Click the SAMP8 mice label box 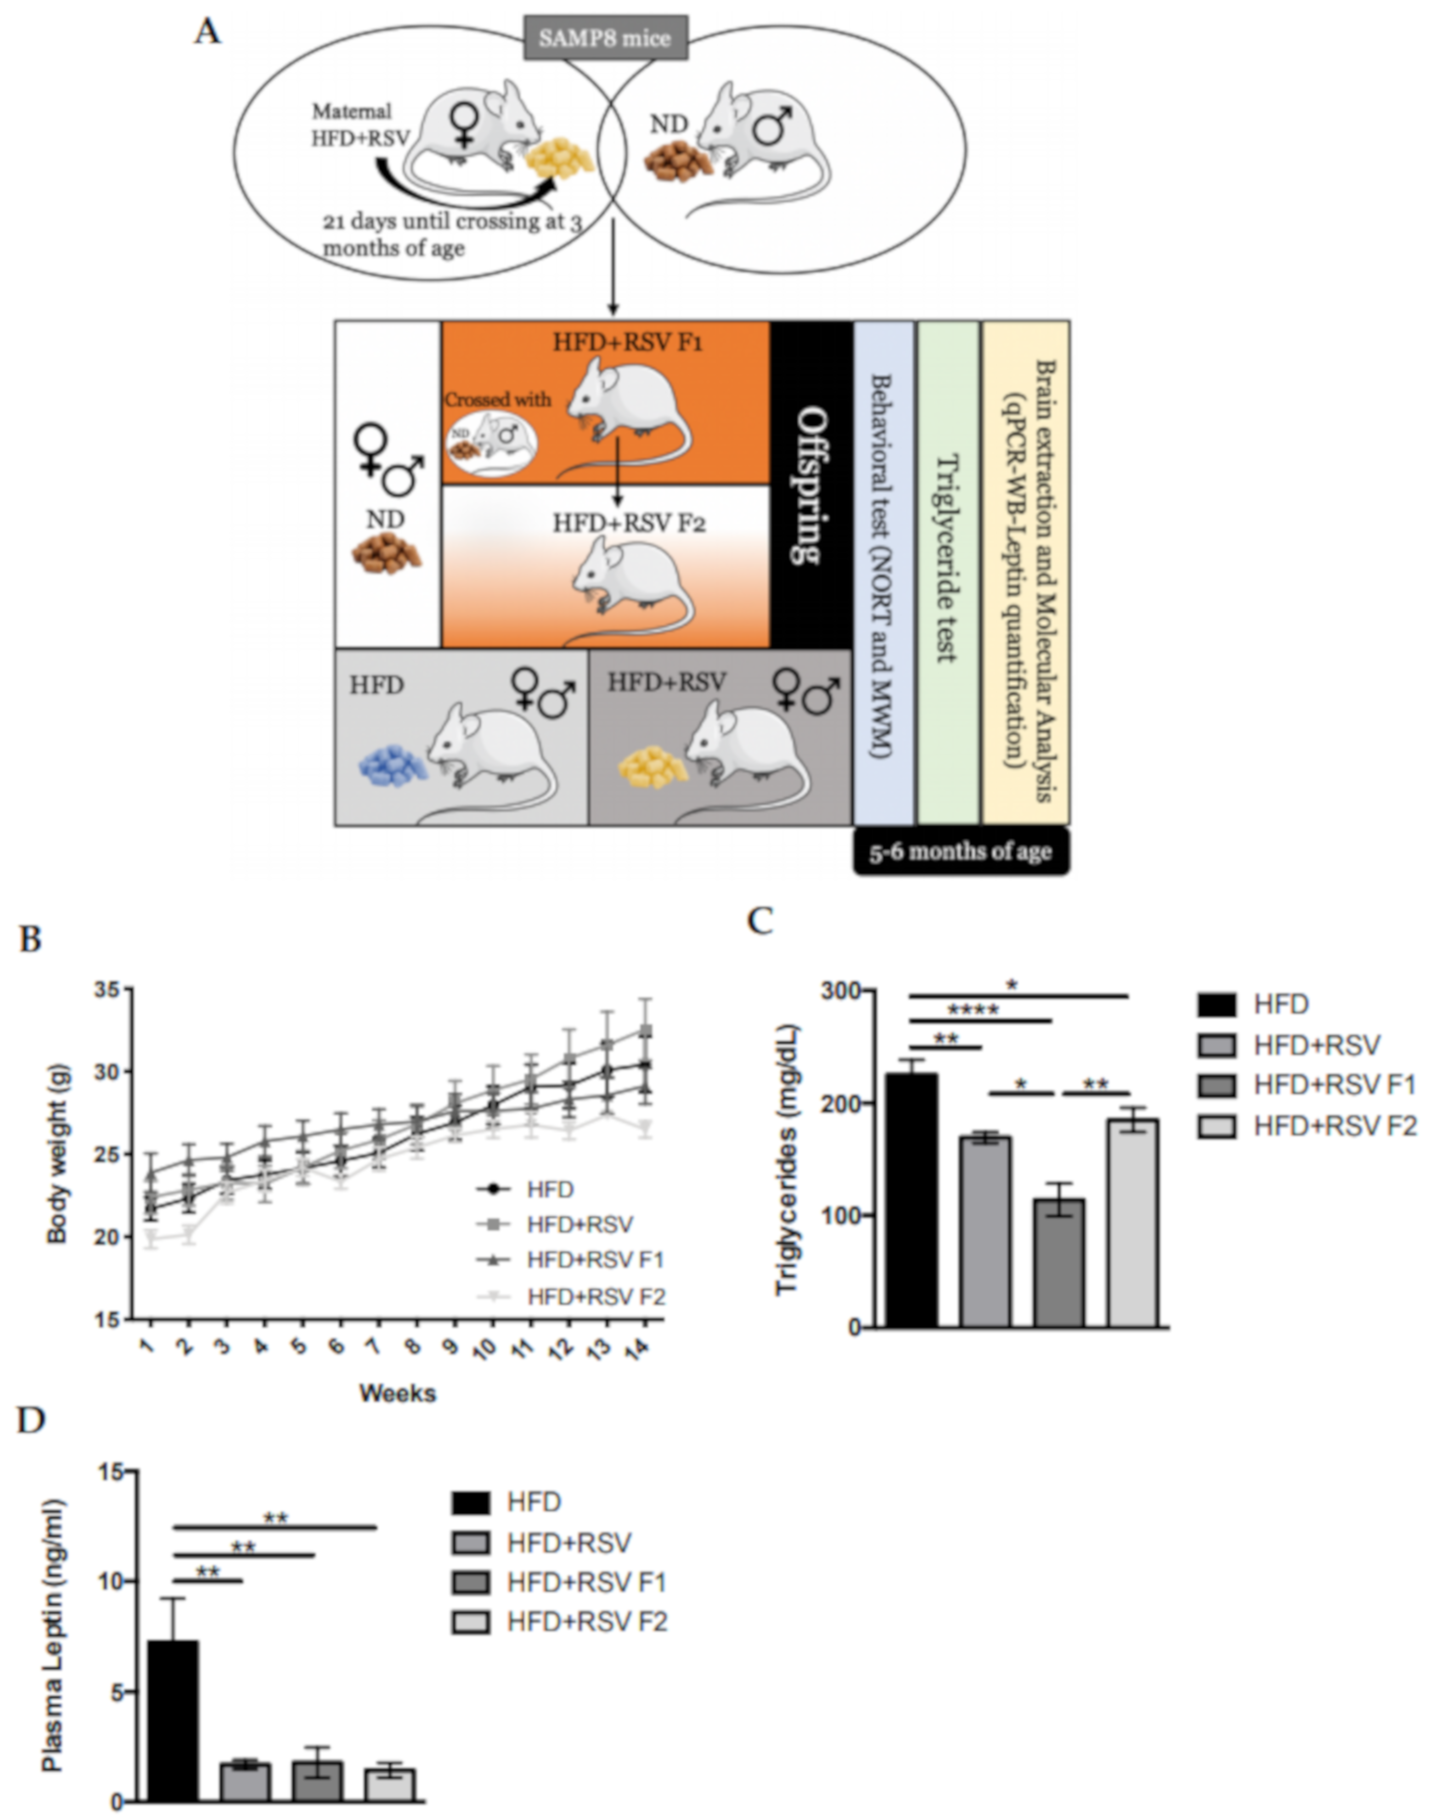[x=605, y=38]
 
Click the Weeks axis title [x=397, y=1393]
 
